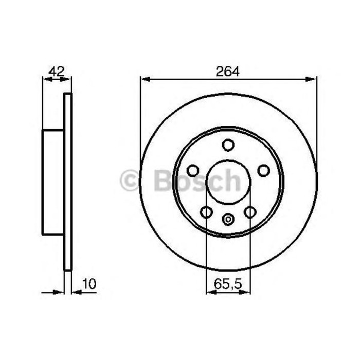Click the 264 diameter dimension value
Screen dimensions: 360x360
coord(228,71)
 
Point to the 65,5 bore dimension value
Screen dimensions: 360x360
coord(228,283)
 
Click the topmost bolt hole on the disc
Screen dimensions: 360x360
coord(228,145)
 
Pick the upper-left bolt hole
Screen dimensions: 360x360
coord(193,170)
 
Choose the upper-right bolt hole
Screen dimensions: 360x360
coord(264,170)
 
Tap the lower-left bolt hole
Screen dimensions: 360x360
coord(206,212)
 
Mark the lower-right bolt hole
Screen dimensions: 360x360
coord(250,212)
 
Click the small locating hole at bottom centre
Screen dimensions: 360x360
coord(228,220)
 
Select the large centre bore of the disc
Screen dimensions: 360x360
coord(228,182)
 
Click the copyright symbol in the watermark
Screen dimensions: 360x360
coord(129,181)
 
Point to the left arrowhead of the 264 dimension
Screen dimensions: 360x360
coord(145,79)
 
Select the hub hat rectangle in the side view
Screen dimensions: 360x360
coord(52,182)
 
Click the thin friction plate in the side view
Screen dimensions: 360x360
coord(67,182)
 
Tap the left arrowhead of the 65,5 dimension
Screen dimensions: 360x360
coord(209,292)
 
